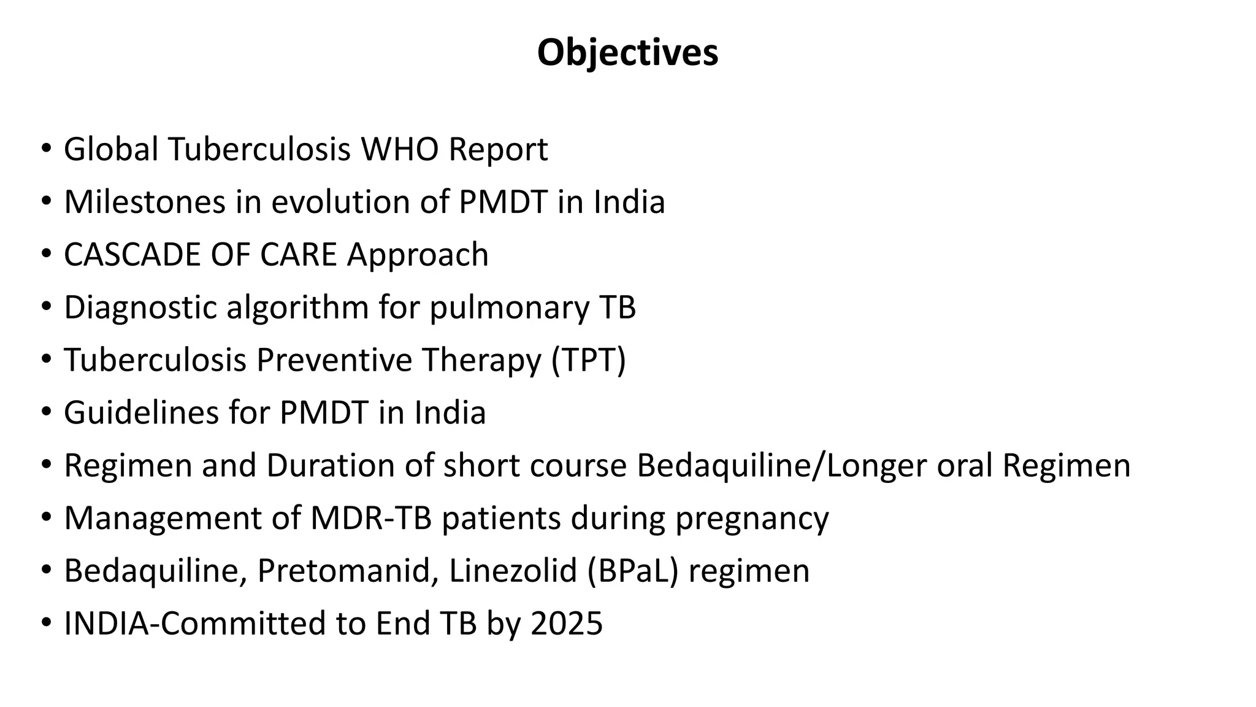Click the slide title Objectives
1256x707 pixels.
627,53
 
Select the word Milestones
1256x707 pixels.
145,202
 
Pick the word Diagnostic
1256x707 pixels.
140,307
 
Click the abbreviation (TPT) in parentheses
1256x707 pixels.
588,360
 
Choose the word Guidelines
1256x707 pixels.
141,412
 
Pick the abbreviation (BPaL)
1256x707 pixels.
632,571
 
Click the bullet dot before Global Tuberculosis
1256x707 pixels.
46,149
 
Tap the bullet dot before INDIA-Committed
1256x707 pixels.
46,623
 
